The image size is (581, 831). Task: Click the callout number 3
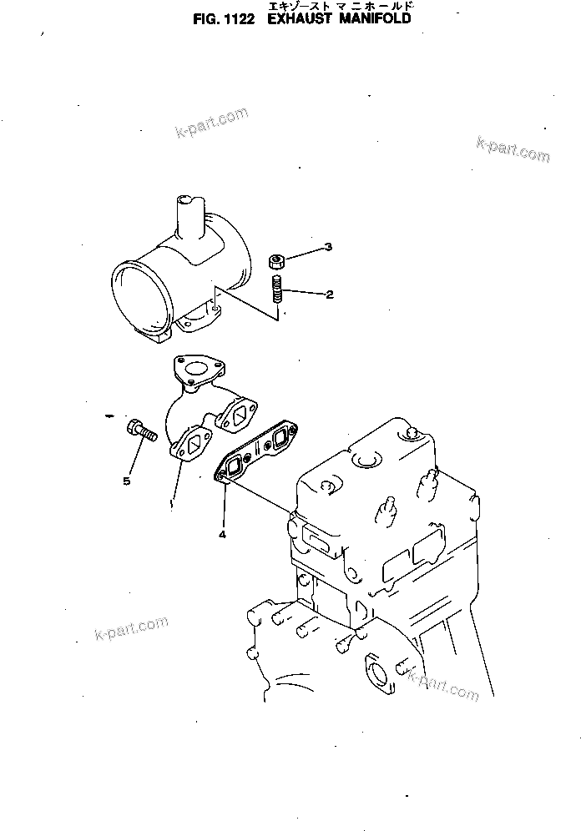point(328,247)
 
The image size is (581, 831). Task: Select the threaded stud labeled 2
point(277,292)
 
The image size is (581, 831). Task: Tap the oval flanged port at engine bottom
point(380,671)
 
